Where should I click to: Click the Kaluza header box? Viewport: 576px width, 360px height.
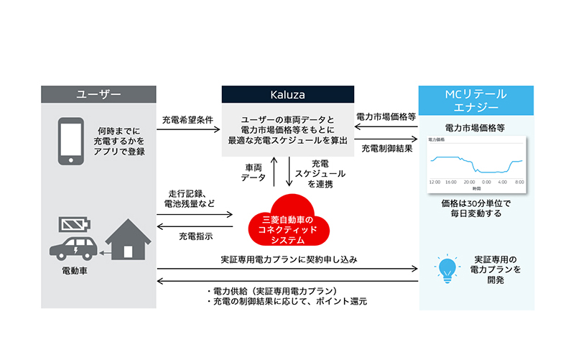pyautogui.click(x=287, y=95)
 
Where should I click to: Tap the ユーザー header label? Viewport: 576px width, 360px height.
pyautogui.click(x=98, y=95)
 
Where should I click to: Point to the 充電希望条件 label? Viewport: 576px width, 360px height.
pyautogui.click(x=187, y=119)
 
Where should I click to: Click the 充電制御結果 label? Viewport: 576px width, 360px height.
pyautogui.click(x=386, y=149)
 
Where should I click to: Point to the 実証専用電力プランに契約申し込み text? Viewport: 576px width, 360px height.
pyautogui.click(x=289, y=258)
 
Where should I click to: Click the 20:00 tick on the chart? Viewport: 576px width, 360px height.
pyautogui.click(x=469, y=183)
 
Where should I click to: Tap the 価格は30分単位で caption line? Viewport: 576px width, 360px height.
pyautogui.click(x=475, y=204)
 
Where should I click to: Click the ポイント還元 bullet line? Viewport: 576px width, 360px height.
pyautogui.click(x=287, y=302)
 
